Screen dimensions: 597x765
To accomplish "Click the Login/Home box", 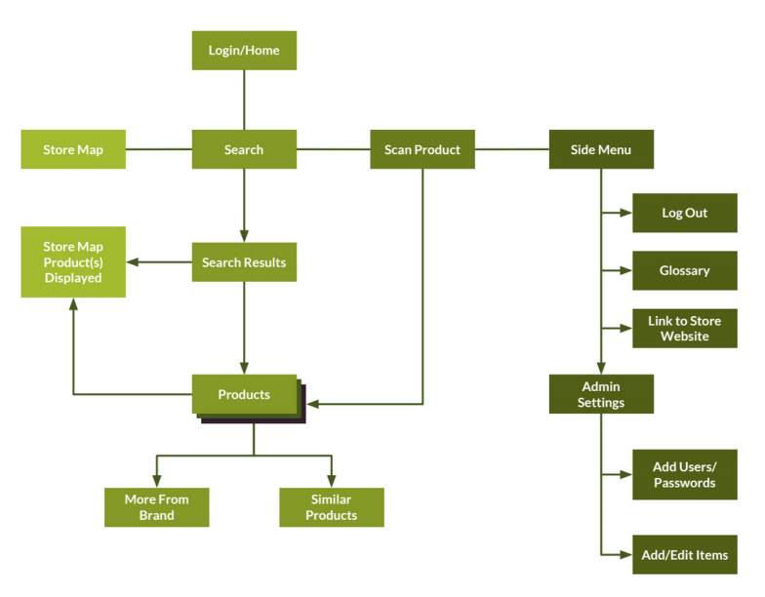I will [244, 51].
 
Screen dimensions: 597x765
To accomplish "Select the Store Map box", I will [73, 149].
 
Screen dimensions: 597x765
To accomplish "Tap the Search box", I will [244, 149].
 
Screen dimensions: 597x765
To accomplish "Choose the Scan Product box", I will [423, 149].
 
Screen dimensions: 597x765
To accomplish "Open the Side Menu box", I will [601, 149].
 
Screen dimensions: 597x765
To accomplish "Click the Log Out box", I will [684, 213].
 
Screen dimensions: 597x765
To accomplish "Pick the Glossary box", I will [684, 270].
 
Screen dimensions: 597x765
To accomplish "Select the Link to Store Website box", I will [684, 328].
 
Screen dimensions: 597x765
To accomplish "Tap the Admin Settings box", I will [601, 394].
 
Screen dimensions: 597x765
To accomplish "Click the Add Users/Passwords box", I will [684, 474].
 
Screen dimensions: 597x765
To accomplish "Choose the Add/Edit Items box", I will [684, 555].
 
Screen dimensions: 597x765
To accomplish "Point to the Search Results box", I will [244, 262].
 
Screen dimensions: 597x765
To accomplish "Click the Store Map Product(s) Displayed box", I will [73, 262].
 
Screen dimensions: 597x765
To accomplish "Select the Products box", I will [244, 394].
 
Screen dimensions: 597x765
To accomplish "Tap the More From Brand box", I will [156, 507].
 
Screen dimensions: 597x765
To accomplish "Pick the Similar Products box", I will [332, 507].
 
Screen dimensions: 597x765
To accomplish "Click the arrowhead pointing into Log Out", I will [626, 213].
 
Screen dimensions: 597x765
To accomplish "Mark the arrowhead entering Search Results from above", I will [244, 236].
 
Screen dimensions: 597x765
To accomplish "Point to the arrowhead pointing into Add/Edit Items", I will [626, 555].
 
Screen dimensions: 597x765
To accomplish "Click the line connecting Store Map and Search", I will [159, 149].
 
